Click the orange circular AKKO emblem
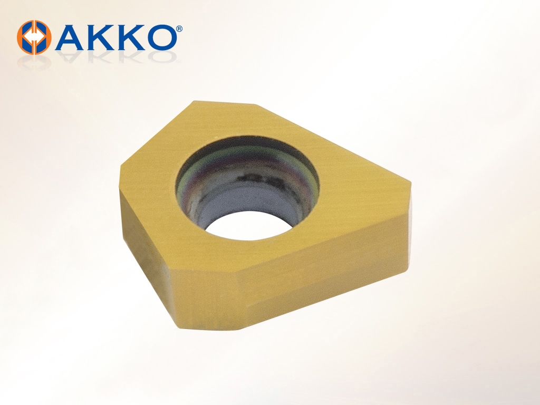coord(34,37)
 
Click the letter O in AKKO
coord(161,37)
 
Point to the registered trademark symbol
coord(179,28)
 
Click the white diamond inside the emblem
coord(34,37)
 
